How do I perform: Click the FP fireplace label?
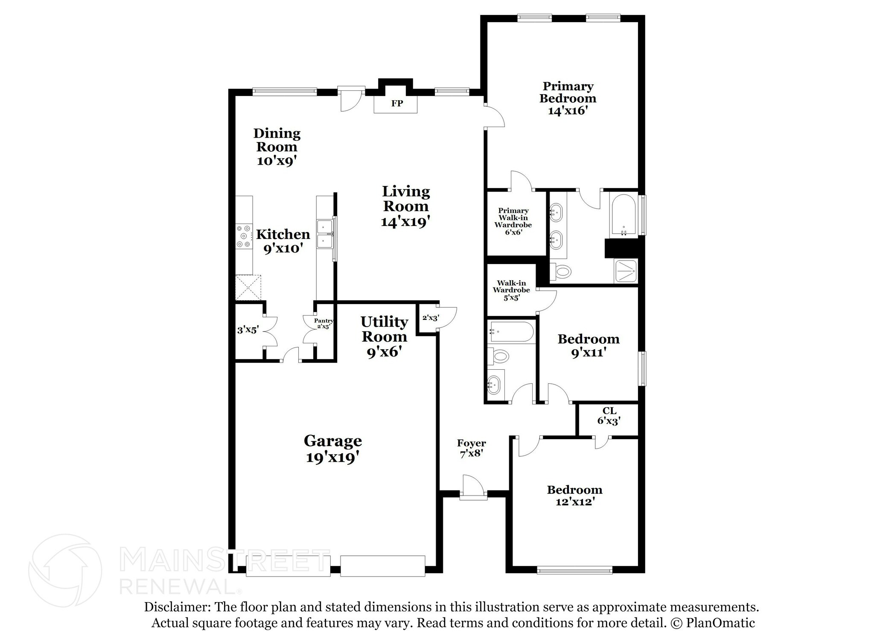tap(397, 104)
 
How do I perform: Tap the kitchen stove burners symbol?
tap(244, 236)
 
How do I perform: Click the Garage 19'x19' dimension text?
tap(333, 458)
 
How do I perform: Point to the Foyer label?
tap(471, 443)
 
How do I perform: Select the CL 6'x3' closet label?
tap(609, 416)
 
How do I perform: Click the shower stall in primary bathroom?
tap(625, 271)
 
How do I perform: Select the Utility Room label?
tap(384, 329)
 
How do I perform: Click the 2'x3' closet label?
tap(430, 318)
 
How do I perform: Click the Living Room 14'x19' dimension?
tap(405, 222)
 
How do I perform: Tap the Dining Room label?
tap(277, 140)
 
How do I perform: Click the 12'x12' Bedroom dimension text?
tap(575, 502)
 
